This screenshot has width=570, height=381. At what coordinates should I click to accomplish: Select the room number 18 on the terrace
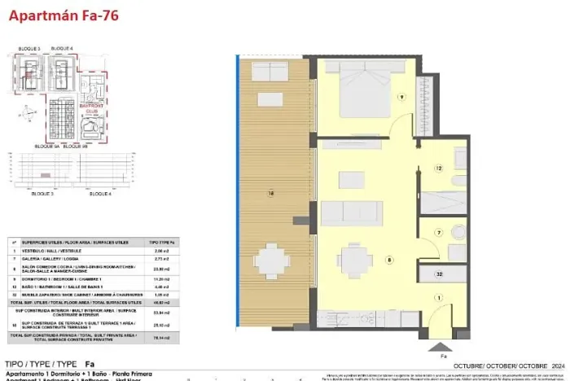point(270,193)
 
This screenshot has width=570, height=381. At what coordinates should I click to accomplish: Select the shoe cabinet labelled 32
point(438,274)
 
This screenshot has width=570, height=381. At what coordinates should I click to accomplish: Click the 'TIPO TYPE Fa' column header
point(161,243)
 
